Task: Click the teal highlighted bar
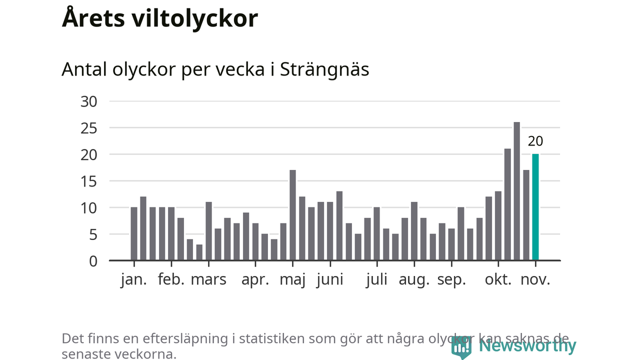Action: pyautogui.click(x=535, y=207)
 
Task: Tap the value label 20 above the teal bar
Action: pyautogui.click(x=535, y=141)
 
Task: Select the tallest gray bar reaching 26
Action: pyautogui.click(x=517, y=191)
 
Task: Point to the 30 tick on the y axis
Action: pyautogui.click(x=88, y=101)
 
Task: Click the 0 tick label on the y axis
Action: pyautogui.click(x=92, y=261)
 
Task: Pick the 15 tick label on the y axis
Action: pyautogui.click(x=88, y=181)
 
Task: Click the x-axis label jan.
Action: pyautogui.click(x=134, y=279)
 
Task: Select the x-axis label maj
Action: pyautogui.click(x=292, y=279)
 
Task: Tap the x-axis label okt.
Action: pyautogui.click(x=498, y=279)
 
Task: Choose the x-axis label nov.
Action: pyautogui.click(x=535, y=279)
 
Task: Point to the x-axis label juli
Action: pyautogui.click(x=376, y=279)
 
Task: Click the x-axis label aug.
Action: pyautogui.click(x=414, y=279)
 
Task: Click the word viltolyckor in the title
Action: pyautogui.click(x=195, y=19)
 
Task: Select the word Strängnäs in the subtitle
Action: pyautogui.click(x=324, y=69)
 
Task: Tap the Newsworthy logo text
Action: pyautogui.click(x=527, y=346)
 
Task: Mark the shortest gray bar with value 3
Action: pyautogui.click(x=199, y=252)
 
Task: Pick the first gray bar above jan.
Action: pyautogui.click(x=134, y=233)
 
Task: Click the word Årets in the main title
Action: pyautogui.click(x=93, y=19)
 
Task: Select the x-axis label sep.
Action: pyautogui.click(x=451, y=279)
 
